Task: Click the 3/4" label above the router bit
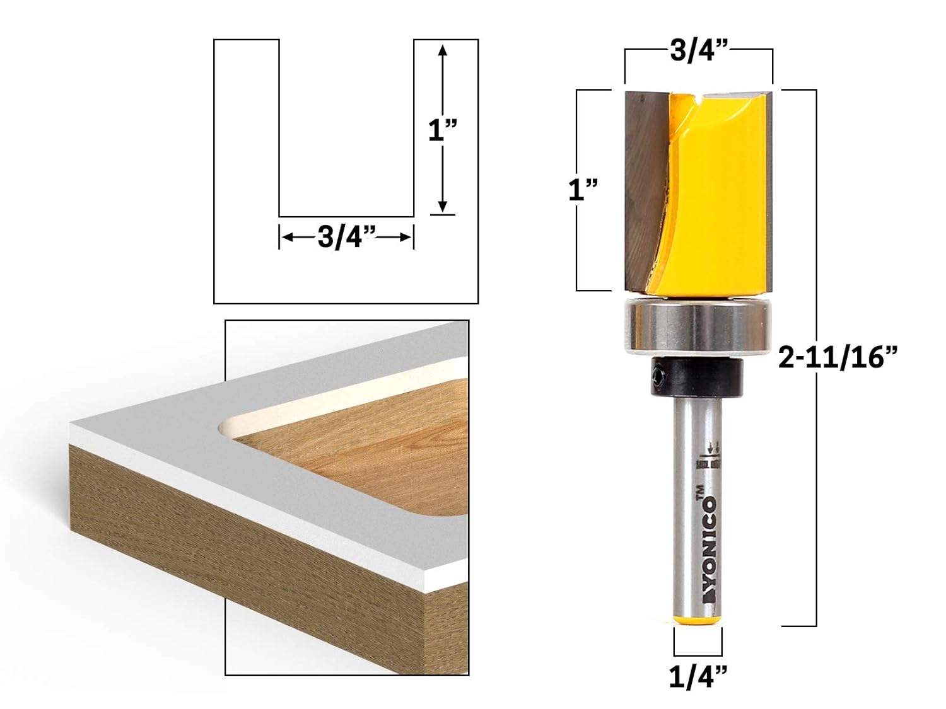pos(699,50)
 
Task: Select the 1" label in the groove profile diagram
pos(442,131)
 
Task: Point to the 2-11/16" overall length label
pos(838,359)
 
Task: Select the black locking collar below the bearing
pos(698,378)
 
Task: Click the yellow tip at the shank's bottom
pos(698,621)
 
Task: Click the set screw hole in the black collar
pos(660,379)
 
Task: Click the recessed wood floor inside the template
pos(378,454)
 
